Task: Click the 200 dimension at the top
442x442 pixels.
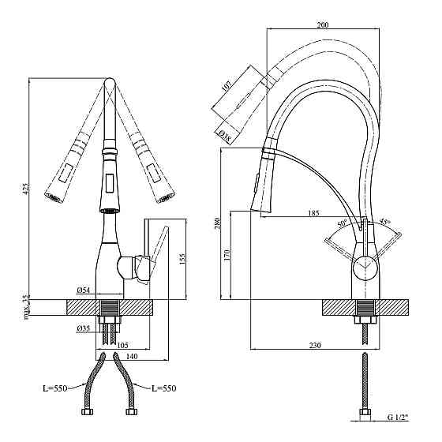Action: point(323,24)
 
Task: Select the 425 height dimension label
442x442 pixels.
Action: point(26,189)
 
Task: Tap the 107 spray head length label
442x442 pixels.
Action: point(227,85)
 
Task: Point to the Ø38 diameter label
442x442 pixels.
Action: point(224,135)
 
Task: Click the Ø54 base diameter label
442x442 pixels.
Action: point(83,290)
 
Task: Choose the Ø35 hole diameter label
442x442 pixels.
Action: point(83,328)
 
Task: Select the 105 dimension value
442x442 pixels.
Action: point(122,345)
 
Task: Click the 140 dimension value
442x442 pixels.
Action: point(132,356)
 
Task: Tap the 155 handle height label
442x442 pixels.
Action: point(182,259)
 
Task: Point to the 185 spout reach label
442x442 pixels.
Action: point(313,212)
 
